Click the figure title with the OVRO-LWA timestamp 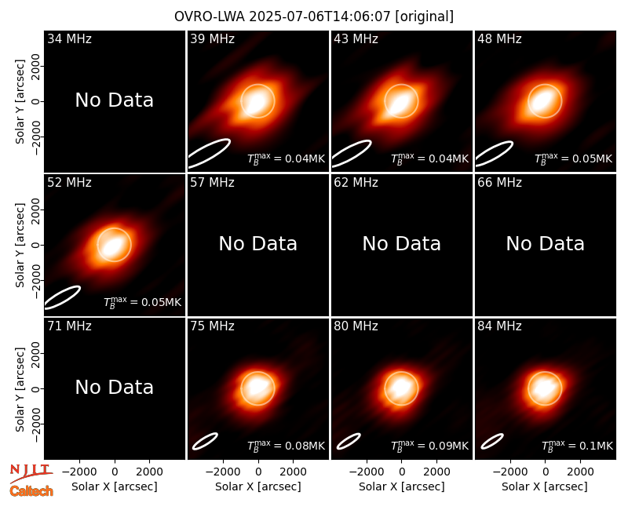(x=314, y=16)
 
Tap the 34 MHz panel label (x=69, y=38)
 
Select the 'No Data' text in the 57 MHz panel (x=258, y=243)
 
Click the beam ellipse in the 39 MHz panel (x=209, y=153)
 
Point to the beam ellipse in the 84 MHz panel (x=492, y=441)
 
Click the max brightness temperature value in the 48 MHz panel (x=573, y=159)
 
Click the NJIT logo (x=31, y=474)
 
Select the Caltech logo (x=31, y=491)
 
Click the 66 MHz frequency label (x=499, y=183)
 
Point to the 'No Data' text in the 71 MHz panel (x=114, y=387)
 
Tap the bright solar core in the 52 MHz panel (x=113, y=246)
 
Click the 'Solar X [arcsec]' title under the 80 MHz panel (x=401, y=486)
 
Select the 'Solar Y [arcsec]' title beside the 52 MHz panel (x=20, y=245)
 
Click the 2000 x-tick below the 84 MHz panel (x=580, y=472)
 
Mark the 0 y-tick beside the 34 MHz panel (x=36, y=101)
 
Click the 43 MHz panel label (x=356, y=38)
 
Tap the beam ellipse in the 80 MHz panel (x=349, y=441)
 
